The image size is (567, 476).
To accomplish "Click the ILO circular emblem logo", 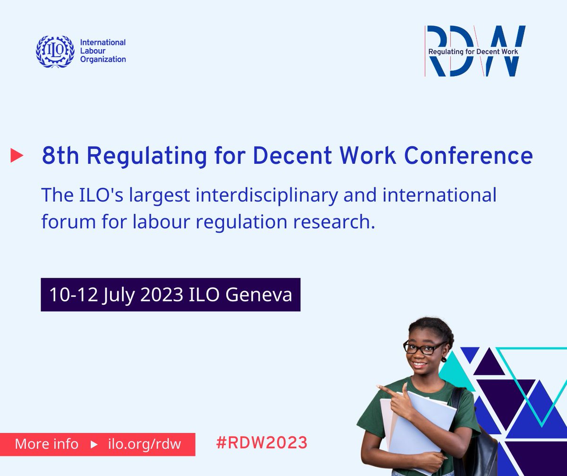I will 55,51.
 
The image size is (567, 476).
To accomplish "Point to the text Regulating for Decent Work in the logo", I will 472,52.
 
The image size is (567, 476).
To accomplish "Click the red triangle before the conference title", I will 17,156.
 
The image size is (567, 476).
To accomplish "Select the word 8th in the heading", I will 60,156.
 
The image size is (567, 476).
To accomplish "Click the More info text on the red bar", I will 46,444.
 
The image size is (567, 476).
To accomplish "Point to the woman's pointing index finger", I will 384,389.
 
